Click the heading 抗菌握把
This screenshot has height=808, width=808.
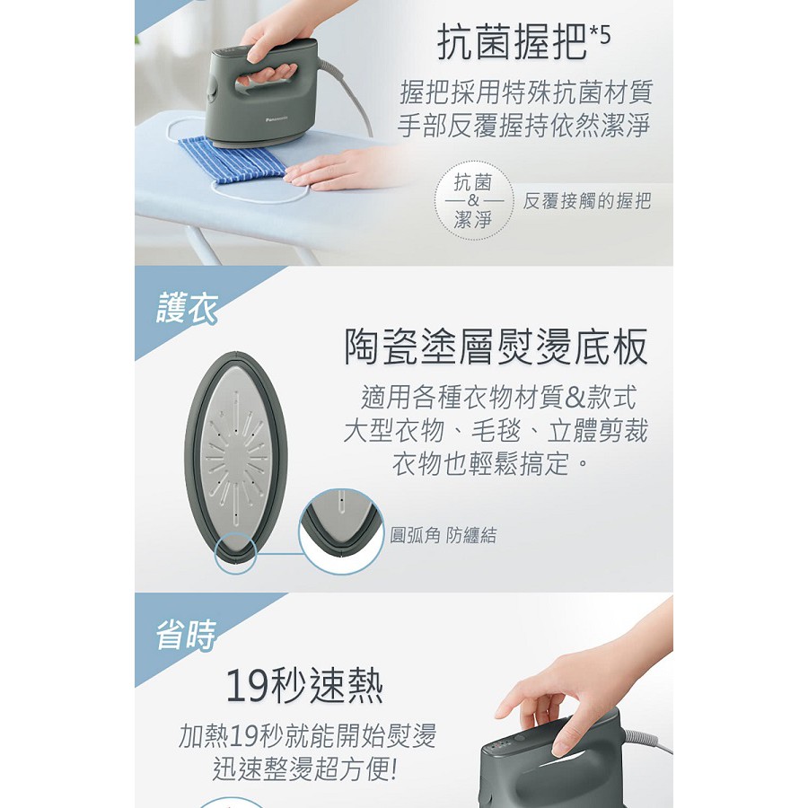(x=512, y=42)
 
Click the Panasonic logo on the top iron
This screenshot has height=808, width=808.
(x=277, y=119)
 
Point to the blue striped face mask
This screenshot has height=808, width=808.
(x=232, y=159)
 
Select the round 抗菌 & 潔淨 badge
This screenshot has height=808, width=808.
(x=473, y=200)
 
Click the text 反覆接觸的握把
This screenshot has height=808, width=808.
(x=587, y=201)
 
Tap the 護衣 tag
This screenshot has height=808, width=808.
(x=186, y=308)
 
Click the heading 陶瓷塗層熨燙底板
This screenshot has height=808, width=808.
(x=496, y=347)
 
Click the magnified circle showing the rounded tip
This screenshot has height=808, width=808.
(x=341, y=531)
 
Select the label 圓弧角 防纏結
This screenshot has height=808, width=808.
(x=444, y=535)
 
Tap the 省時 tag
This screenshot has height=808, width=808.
(x=186, y=635)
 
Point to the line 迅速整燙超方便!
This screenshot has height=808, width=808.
(x=305, y=768)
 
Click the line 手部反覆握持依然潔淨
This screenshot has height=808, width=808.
(x=523, y=126)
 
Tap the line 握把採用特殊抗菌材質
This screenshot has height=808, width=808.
(x=527, y=92)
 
